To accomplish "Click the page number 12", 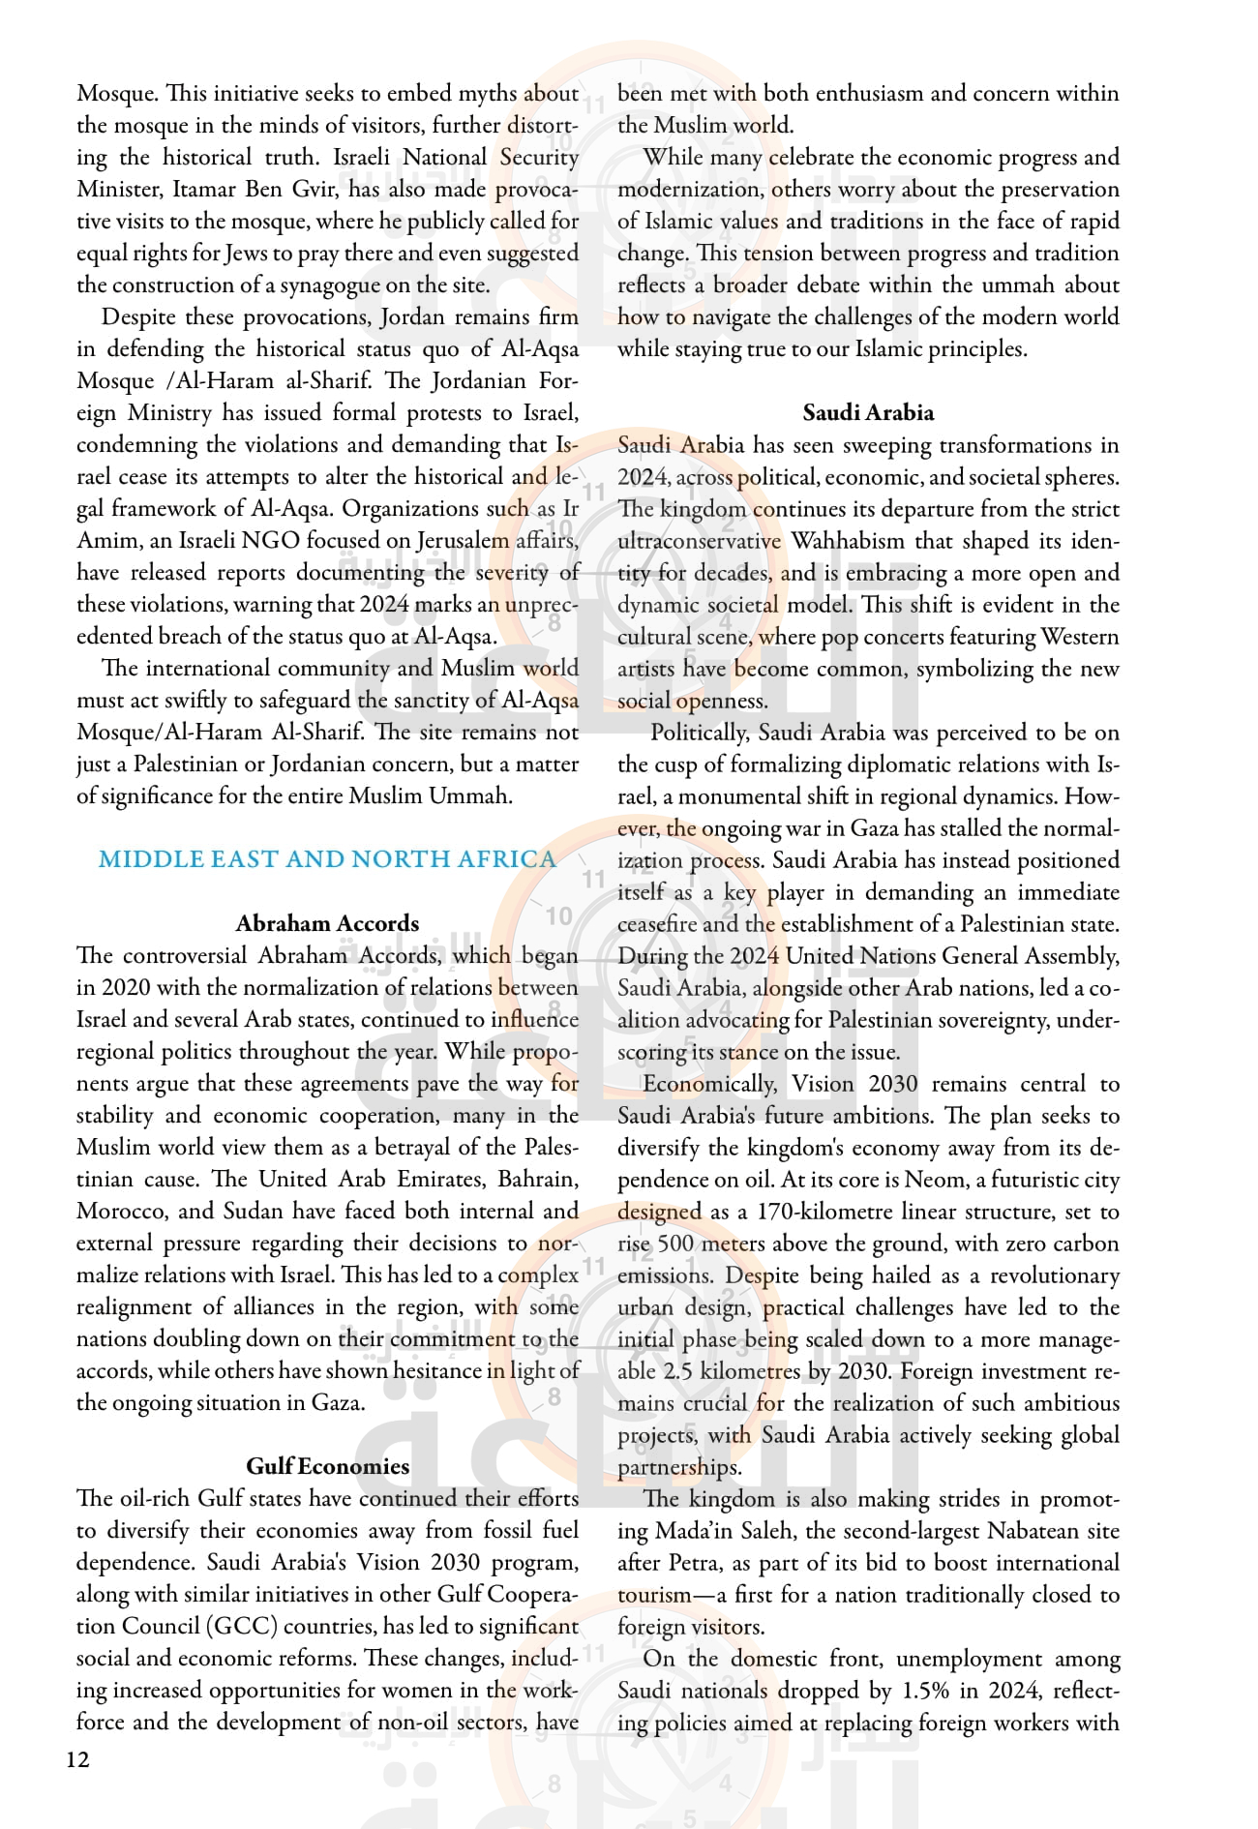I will point(77,1759).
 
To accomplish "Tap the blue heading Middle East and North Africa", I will point(327,859).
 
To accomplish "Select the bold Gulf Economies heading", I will point(327,1466).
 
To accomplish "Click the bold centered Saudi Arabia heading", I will point(868,413).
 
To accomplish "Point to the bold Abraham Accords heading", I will point(327,923).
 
